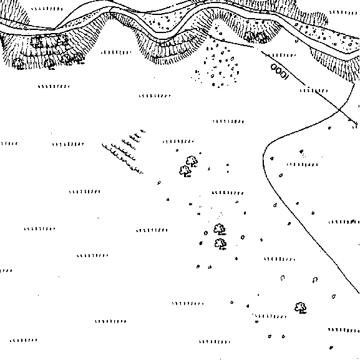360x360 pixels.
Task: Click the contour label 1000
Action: click(279, 72)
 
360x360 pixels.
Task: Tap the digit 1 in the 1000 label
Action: click(286, 77)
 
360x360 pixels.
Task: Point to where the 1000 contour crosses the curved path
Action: click(339, 111)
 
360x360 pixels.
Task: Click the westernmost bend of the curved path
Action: click(263, 156)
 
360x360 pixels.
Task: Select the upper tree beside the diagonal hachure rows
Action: click(192, 161)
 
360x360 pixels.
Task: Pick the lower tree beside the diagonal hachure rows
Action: click(185, 172)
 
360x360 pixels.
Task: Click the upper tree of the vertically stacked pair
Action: click(220, 230)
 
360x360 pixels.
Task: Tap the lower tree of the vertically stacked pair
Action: click(221, 244)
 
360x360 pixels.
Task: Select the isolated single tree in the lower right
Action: click(301, 308)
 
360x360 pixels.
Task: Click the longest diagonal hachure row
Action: click(122, 158)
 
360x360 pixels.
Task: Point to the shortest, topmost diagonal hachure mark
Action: click(143, 131)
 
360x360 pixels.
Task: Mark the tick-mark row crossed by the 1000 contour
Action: click(314, 90)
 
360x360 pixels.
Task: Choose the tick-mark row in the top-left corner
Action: click(47, 9)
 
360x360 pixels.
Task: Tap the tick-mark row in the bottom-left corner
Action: click(23, 340)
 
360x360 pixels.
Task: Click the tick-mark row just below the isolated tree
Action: click(271, 316)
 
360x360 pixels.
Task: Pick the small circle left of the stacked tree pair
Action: click(206, 233)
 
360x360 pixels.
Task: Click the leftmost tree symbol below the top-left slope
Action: click(18, 64)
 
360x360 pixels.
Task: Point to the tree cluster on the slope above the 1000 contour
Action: click(255, 37)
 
